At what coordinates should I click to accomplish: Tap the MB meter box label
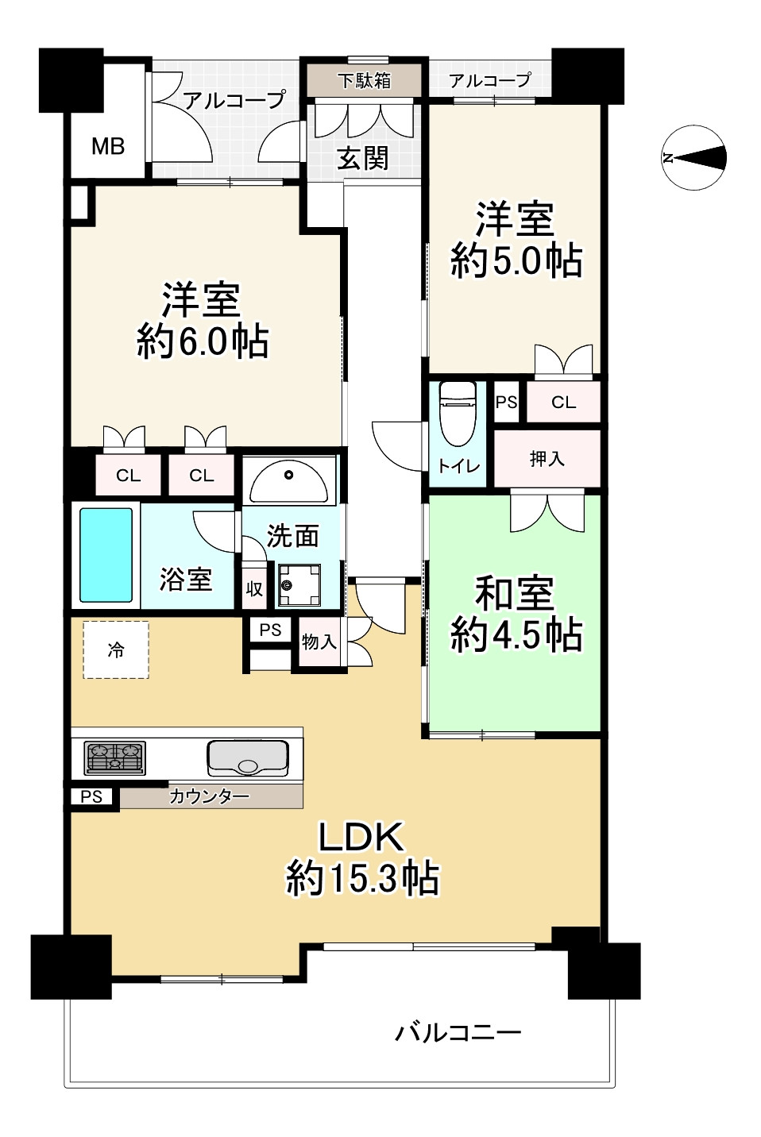pyautogui.click(x=108, y=146)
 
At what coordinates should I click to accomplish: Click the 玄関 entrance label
pyautogui.click(x=363, y=158)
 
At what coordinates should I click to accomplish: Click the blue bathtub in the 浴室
pyautogui.click(x=106, y=555)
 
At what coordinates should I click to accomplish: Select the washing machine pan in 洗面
pyautogui.click(x=299, y=585)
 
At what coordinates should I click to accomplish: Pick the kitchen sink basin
pyautogui.click(x=247, y=757)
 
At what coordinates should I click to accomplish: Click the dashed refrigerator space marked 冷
pyautogui.click(x=116, y=649)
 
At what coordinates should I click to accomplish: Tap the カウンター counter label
pyautogui.click(x=209, y=796)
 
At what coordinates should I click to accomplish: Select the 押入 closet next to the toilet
pyautogui.click(x=547, y=458)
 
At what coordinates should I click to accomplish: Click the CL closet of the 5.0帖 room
pyautogui.click(x=563, y=403)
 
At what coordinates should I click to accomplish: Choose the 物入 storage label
pyautogui.click(x=319, y=642)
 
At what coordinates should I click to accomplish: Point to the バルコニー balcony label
pyautogui.click(x=458, y=1032)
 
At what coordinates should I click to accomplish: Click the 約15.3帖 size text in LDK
pyautogui.click(x=362, y=878)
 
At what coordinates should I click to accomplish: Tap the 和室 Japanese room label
pyautogui.click(x=514, y=593)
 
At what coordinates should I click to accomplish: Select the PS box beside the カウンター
pyautogui.click(x=92, y=796)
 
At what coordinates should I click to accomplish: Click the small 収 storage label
pyautogui.click(x=254, y=589)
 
